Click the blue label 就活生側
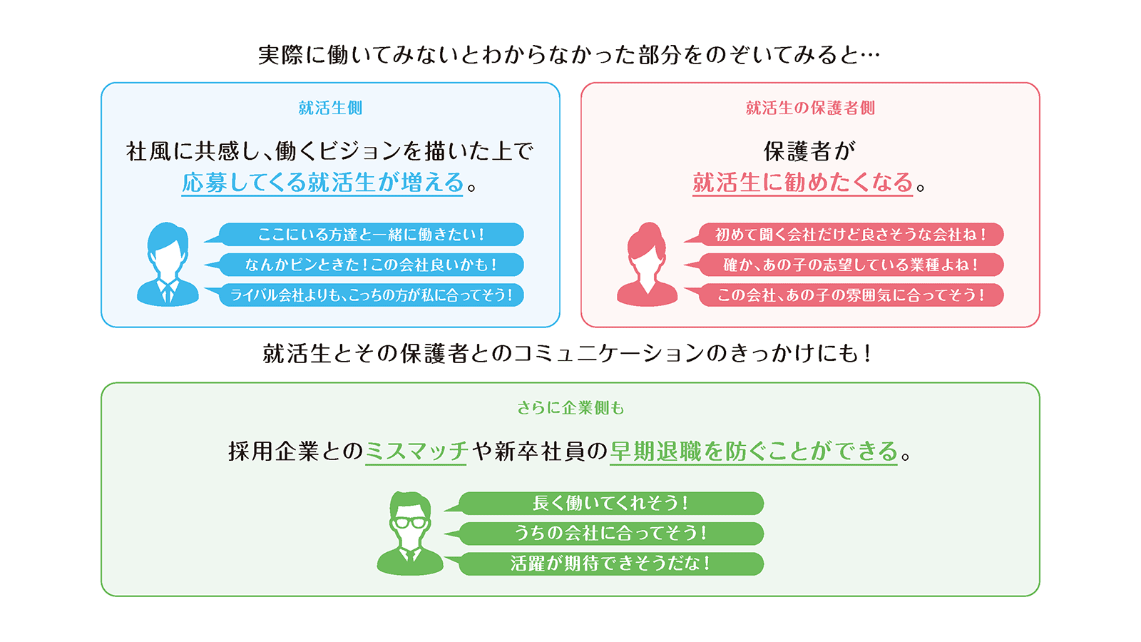(x=330, y=108)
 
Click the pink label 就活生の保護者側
(x=810, y=108)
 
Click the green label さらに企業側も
(x=570, y=407)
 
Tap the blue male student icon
(x=168, y=264)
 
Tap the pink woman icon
(x=647, y=264)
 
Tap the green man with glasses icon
(x=410, y=533)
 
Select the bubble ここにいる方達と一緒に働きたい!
(x=364, y=235)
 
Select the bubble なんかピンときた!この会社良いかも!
(x=364, y=265)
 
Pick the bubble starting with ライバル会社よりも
(x=364, y=295)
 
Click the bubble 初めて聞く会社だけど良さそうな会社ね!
(x=844, y=235)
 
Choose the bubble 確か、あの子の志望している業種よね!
(x=844, y=265)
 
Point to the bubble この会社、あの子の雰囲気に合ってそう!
(x=844, y=295)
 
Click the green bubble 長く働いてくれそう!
(x=605, y=504)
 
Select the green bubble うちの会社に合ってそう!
(x=605, y=534)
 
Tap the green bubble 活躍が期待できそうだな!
(x=605, y=564)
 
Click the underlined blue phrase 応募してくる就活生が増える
(x=322, y=183)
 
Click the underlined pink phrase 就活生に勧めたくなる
(x=802, y=183)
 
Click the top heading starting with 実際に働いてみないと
(x=569, y=55)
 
